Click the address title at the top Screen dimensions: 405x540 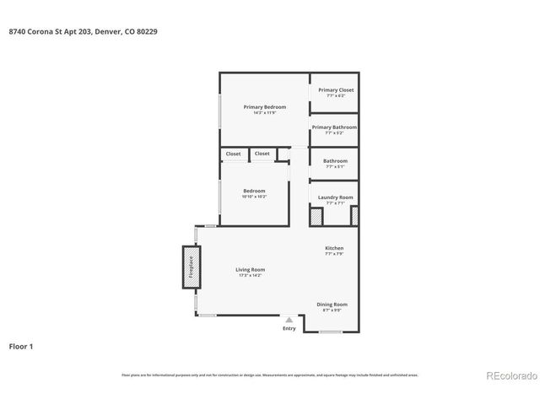83,31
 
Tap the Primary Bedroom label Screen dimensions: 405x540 265,107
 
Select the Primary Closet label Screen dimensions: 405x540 335,90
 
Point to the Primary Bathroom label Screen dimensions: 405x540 335,127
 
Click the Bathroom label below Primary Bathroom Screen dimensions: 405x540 335,160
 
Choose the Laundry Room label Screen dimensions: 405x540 335,197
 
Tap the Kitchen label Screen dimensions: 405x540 335,248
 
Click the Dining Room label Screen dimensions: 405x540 332,305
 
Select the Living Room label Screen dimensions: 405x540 251,270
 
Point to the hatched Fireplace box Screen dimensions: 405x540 191,267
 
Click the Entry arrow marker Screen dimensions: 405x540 289,320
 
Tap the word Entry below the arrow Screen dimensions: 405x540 289,328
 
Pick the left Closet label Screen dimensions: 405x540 233,154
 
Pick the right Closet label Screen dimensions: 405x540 262,154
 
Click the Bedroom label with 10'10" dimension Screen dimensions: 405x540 254,191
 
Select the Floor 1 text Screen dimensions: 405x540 21,346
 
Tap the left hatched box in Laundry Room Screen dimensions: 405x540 316,216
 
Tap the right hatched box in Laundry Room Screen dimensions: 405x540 354,216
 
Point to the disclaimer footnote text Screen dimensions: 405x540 269,375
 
